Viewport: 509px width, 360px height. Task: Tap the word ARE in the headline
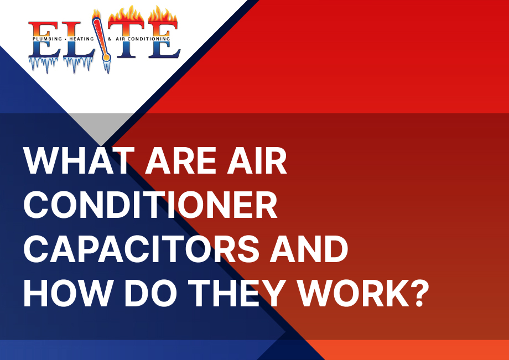pos(180,161)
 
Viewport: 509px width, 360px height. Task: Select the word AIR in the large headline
pos(257,161)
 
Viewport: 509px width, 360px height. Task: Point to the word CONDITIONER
pos(150,205)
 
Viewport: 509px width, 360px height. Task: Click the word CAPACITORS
pos(142,249)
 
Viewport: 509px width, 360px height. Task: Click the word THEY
pos(238,293)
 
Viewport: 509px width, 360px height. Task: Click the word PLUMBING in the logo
pos(48,39)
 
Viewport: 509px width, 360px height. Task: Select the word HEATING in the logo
pos(81,39)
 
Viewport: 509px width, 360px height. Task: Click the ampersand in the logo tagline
pos(110,39)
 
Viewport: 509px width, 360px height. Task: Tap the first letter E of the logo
pos(44,40)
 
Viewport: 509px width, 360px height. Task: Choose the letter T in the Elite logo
pos(126,40)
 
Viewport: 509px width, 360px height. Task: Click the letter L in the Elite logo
pos(77,40)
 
